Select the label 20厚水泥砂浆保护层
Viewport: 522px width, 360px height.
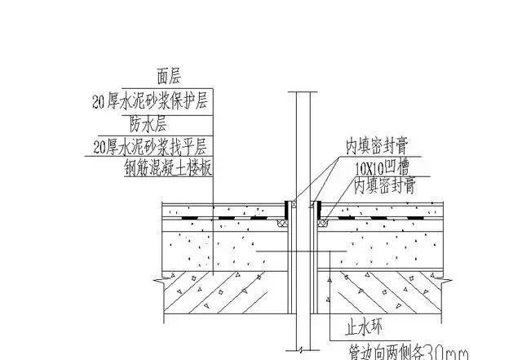point(152,103)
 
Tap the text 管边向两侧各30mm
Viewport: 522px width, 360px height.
point(407,352)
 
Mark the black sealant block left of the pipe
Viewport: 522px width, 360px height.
point(285,208)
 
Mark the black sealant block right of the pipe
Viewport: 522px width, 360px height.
point(319,208)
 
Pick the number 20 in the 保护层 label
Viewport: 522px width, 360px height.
point(99,103)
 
